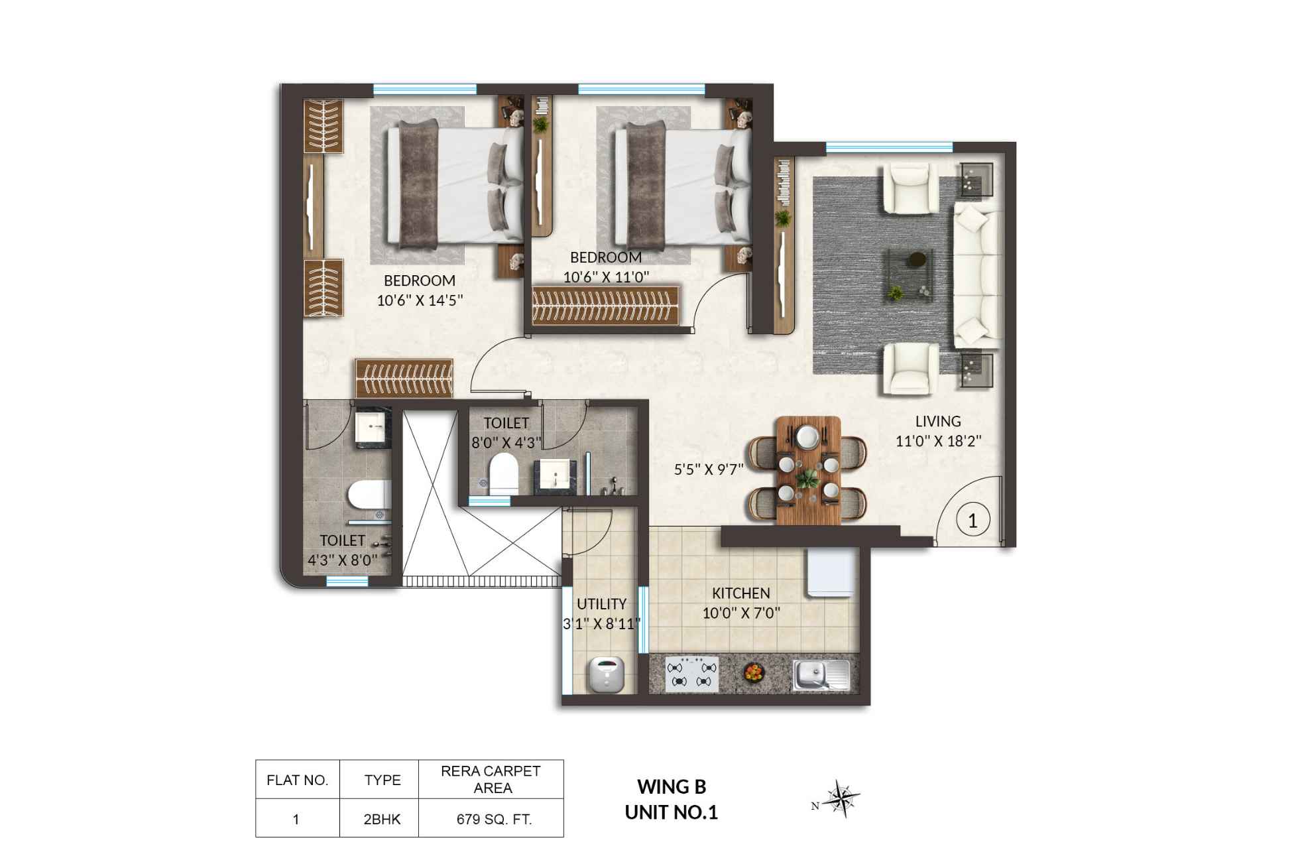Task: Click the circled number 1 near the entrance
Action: coord(972,520)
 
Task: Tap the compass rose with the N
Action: coord(843,798)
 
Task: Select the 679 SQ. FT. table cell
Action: coord(494,819)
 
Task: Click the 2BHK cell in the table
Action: coord(382,819)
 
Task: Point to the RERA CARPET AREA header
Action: coord(491,779)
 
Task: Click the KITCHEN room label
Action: coord(740,593)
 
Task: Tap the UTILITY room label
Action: coord(601,604)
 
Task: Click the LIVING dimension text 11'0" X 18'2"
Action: coord(938,441)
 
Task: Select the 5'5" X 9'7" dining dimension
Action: coord(709,469)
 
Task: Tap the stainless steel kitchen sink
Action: coord(821,674)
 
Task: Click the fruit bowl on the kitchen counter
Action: coord(754,672)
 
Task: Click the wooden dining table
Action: coord(807,470)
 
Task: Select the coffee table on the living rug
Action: coord(911,274)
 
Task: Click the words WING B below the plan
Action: coord(672,786)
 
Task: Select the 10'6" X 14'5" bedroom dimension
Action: coord(419,300)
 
